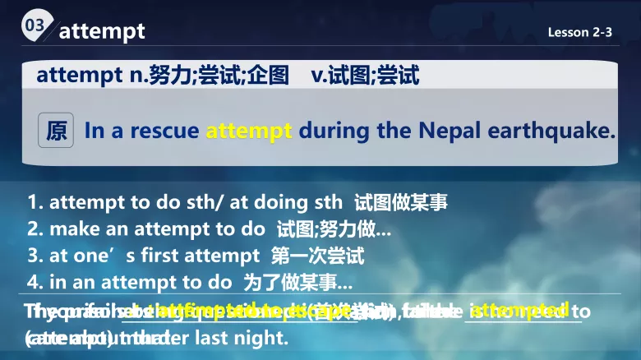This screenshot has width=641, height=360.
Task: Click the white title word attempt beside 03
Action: (102, 31)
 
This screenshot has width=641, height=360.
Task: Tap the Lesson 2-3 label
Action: (580, 33)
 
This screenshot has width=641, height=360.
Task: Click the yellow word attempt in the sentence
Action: (249, 131)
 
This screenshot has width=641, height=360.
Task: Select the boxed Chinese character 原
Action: (57, 132)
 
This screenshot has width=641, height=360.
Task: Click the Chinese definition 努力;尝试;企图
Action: (219, 76)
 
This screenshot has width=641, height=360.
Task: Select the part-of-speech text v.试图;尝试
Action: (365, 76)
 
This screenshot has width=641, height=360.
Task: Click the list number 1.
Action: (34, 202)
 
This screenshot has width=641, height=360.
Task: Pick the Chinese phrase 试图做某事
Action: (401, 202)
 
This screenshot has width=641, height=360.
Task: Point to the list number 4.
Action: (34, 282)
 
